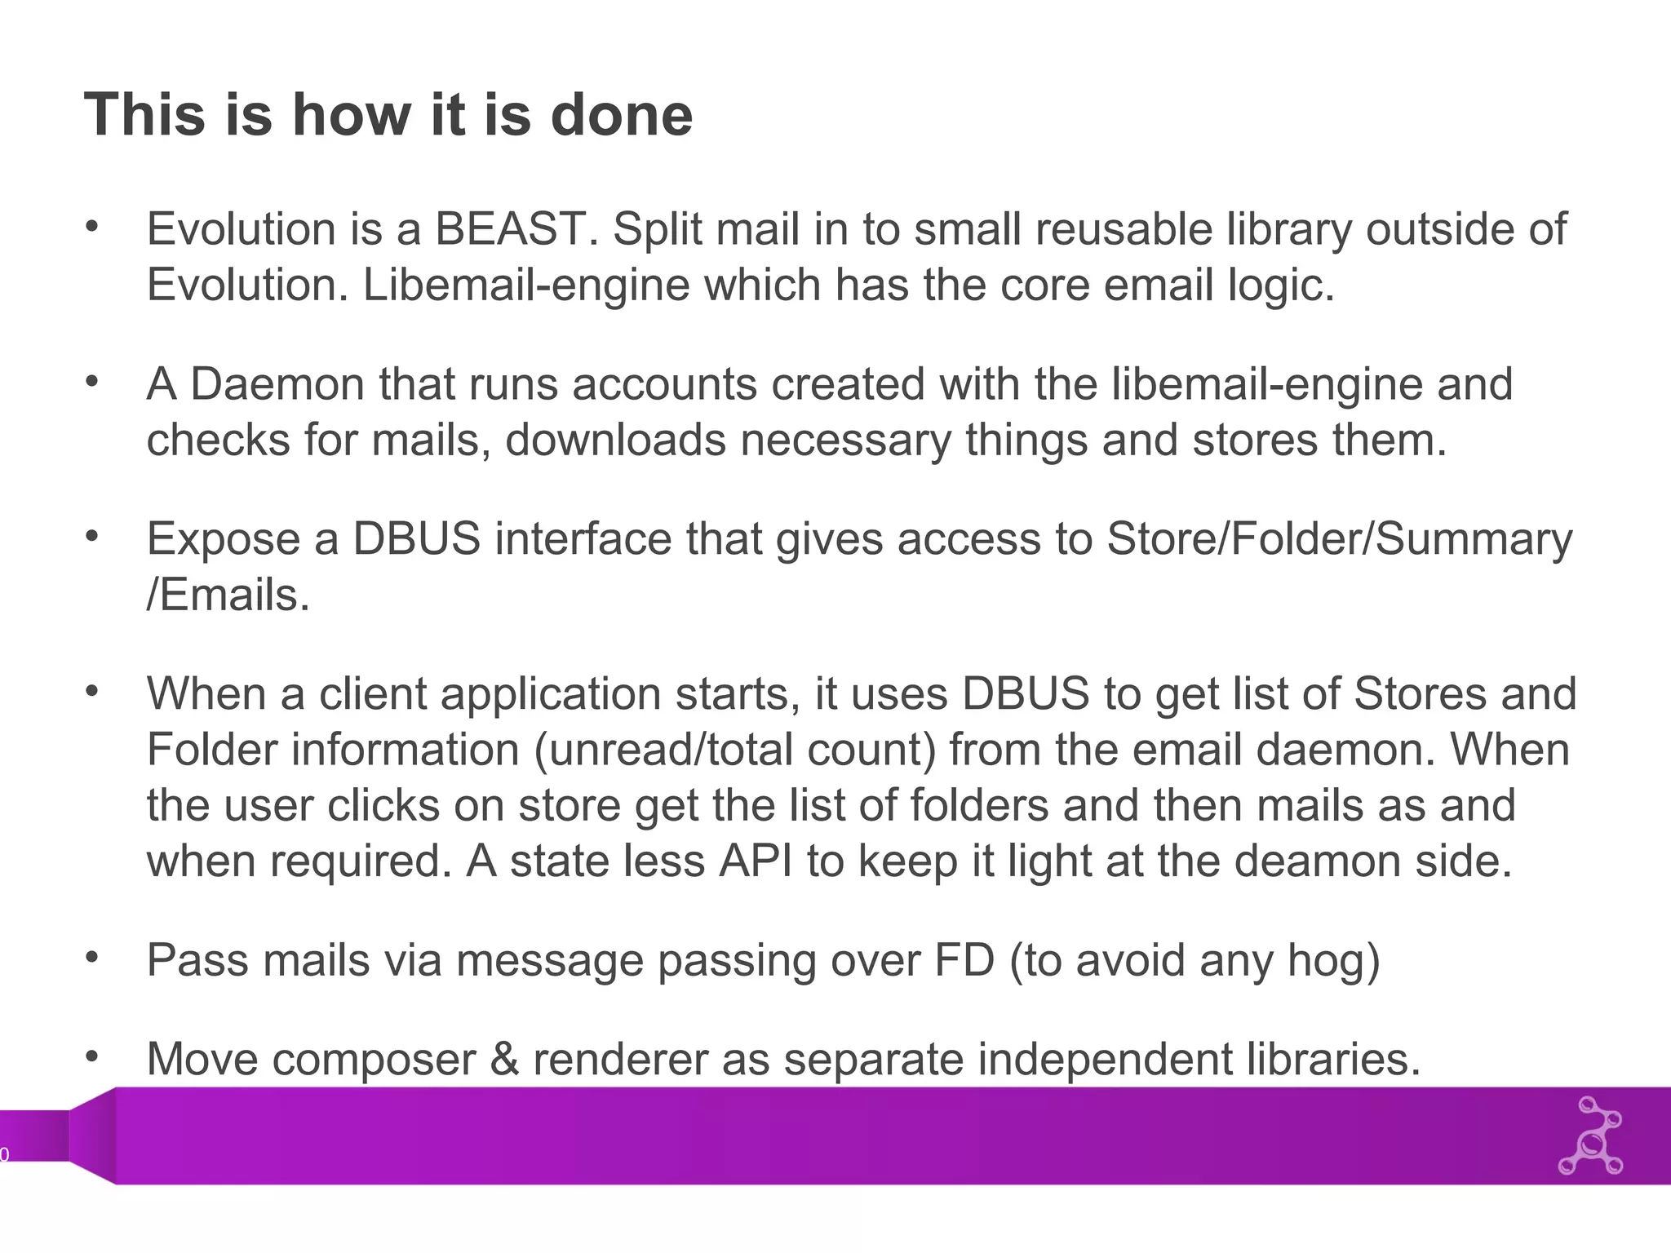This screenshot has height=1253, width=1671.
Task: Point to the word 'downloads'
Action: (x=615, y=441)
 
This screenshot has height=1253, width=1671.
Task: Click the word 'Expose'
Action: (x=224, y=539)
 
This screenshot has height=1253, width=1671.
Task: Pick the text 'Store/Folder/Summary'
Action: (x=1339, y=539)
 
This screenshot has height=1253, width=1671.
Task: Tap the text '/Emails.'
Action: (x=228, y=596)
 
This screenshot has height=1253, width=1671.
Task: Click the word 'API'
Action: (x=756, y=861)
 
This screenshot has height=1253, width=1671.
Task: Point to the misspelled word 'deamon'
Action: (x=1319, y=861)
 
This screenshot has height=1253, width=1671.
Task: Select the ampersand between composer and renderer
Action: (x=505, y=1060)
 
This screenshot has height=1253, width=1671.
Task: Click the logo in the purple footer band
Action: (x=1590, y=1136)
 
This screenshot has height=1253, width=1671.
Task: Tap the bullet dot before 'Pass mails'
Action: (x=91, y=956)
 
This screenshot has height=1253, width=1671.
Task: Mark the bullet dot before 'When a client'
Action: (x=91, y=690)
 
